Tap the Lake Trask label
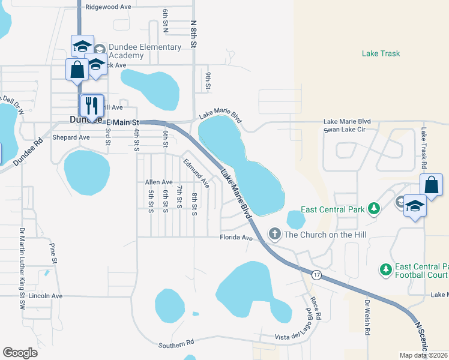(381, 53)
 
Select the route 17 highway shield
(316, 274)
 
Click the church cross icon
(275, 233)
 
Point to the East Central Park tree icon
(375, 209)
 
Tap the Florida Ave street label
(236, 238)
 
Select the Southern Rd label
(176, 344)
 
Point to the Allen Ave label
(158, 182)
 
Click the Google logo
(20, 353)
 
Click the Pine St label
(53, 254)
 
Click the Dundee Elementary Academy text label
(144, 52)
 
